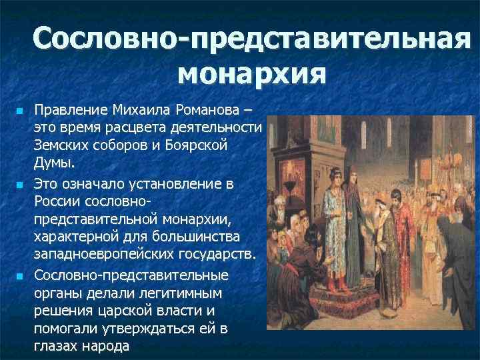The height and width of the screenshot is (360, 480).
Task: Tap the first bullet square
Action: (21, 109)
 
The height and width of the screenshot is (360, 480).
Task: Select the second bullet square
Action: (21, 183)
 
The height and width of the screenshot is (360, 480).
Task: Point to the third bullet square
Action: (21, 275)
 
